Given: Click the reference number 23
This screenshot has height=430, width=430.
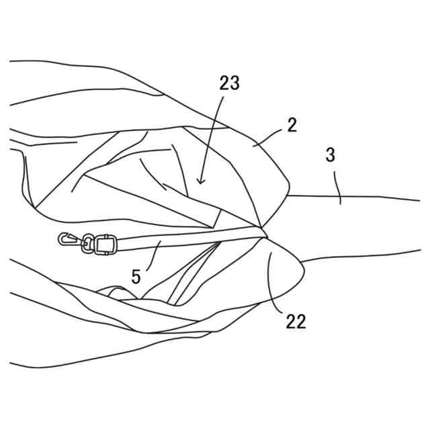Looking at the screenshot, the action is (229, 83).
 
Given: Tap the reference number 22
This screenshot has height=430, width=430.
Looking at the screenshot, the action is (296, 321).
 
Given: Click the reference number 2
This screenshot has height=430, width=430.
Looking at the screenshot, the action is (292, 125).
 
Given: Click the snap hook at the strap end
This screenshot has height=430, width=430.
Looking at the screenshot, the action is (68, 239).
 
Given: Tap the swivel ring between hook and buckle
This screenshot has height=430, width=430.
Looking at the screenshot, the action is (87, 244).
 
